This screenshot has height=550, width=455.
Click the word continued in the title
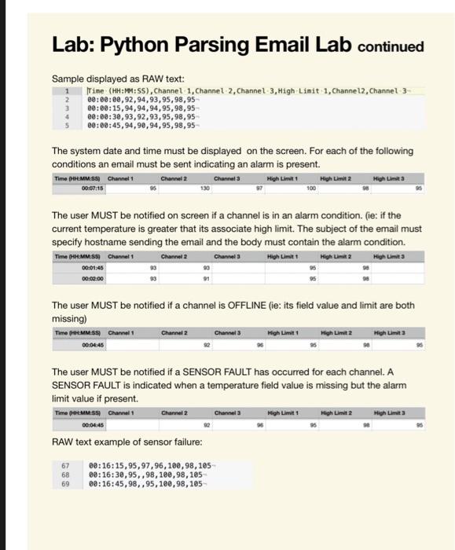(x=391, y=46)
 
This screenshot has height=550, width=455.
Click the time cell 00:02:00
(x=73, y=277)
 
